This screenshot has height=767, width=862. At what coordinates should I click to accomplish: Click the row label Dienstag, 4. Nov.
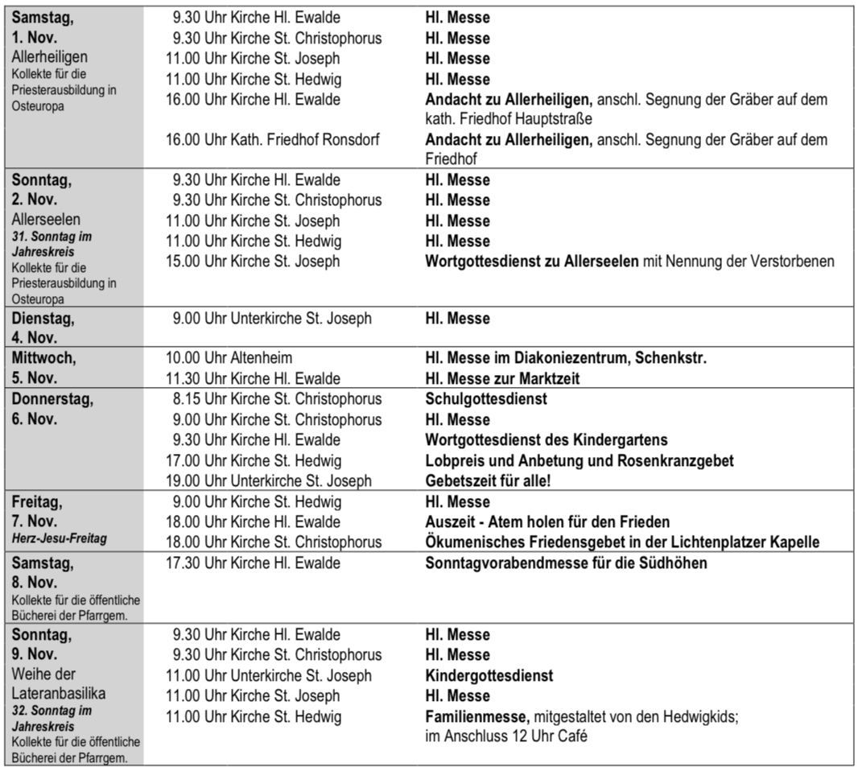44,327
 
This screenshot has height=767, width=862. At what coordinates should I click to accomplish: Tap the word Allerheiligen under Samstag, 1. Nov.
50,57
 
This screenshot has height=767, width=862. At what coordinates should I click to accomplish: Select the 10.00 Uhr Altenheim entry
229,358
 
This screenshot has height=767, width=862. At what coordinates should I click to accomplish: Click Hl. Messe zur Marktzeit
504,378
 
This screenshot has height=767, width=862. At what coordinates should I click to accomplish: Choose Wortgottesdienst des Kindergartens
546,440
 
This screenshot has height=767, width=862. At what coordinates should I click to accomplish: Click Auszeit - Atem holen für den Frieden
547,522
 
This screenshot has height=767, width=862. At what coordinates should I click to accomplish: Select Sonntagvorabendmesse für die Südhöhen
566,563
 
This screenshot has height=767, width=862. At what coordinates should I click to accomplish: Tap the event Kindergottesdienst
489,675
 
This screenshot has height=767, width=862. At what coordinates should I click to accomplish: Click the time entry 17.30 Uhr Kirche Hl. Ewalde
253,563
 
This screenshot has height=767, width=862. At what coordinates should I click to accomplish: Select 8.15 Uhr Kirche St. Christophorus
274,399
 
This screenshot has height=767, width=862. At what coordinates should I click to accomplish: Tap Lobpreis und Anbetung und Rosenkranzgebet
579,461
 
